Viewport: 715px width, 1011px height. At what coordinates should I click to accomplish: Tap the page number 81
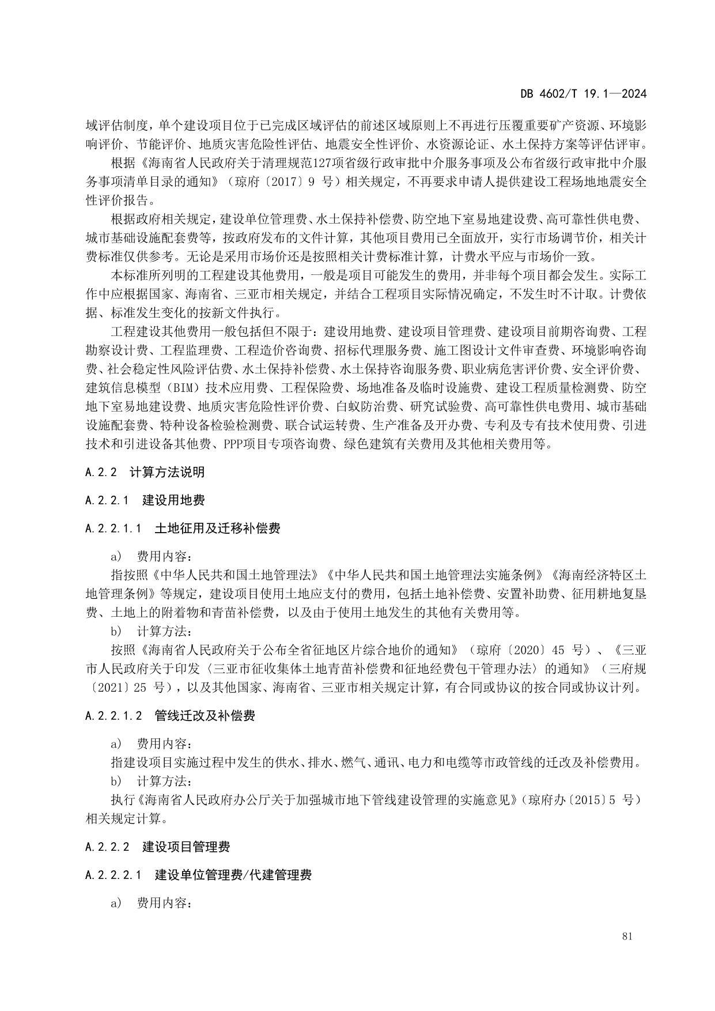point(627,937)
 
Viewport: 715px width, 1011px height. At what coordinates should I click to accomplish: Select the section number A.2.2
point(101,472)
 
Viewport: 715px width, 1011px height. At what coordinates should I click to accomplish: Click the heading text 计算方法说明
point(167,472)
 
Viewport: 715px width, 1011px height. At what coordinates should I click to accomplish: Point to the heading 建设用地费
point(173,500)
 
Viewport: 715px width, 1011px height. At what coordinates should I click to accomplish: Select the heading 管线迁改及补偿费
point(205,716)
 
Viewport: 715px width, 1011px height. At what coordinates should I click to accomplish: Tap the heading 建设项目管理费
point(186,847)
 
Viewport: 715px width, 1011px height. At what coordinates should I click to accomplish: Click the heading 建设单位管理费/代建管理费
point(233,875)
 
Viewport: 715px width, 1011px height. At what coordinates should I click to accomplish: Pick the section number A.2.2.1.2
point(114,716)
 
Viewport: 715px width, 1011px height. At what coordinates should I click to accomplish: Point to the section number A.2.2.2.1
point(114,875)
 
